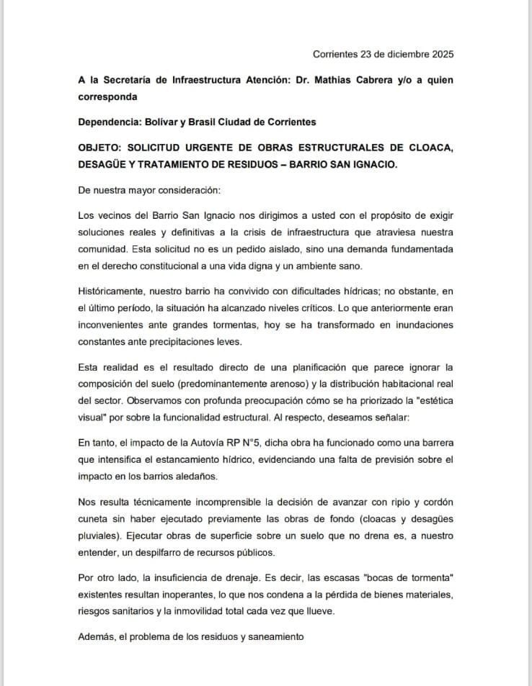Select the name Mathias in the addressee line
tap(339, 80)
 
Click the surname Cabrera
tap(386, 80)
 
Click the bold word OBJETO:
tap(100, 148)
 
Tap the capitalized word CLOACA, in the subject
tap(428, 148)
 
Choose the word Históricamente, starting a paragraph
tap(112, 290)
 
